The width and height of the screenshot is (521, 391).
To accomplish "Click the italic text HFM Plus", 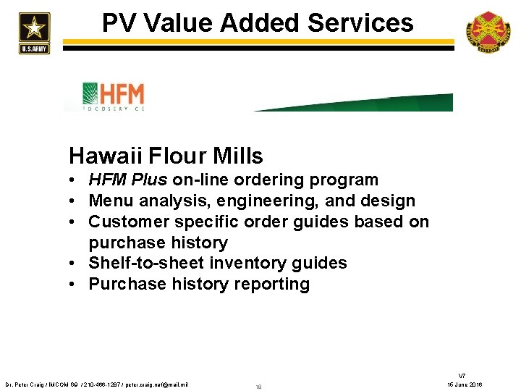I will tap(128, 180).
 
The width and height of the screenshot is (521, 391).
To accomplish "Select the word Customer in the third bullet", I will tap(129, 222).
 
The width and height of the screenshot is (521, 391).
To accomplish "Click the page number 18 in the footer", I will tap(258, 387).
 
